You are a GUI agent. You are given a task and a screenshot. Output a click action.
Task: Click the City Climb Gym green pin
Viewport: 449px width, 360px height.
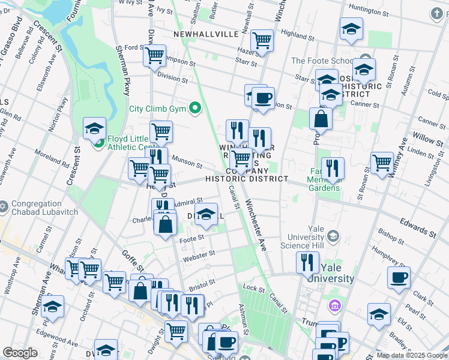pos(194,109)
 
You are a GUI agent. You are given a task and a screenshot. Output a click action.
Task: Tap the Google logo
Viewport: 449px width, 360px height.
pos(20,353)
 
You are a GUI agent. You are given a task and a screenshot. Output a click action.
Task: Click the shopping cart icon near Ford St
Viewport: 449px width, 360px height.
pos(155,55)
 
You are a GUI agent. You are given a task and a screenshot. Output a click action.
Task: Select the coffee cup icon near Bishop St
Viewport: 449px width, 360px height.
pos(399,277)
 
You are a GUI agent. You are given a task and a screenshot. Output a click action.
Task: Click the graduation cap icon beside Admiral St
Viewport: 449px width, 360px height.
pos(206,215)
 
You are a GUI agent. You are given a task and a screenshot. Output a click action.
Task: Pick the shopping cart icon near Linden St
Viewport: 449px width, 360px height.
pos(382,163)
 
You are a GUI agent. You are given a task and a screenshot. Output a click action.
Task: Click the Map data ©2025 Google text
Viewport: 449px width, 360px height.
pos(411,355)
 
